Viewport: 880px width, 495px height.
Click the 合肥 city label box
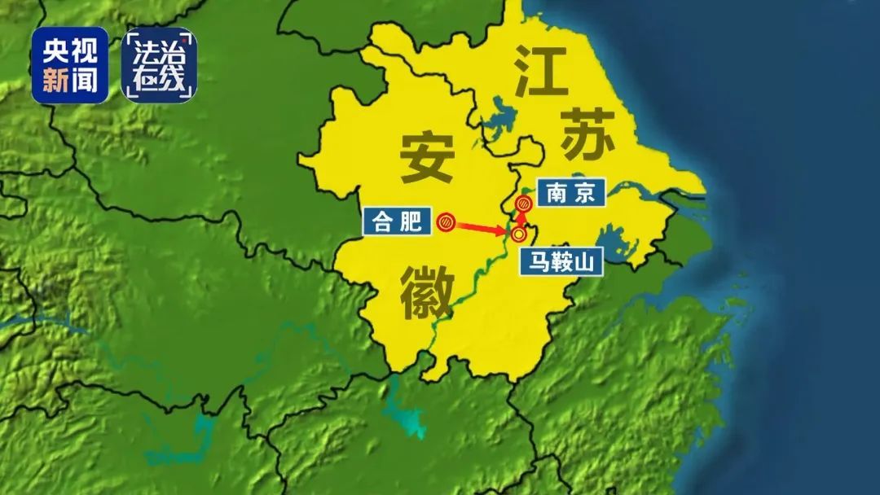[x=397, y=221]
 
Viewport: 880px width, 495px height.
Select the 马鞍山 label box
[x=561, y=261]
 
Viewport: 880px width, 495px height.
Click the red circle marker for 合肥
[x=446, y=221]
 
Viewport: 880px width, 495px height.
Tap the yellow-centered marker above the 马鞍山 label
[x=518, y=235]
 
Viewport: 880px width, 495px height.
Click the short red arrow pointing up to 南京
[x=522, y=217]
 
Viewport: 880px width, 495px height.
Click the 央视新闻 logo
[x=70, y=65]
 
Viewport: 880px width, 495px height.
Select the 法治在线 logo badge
[x=160, y=65]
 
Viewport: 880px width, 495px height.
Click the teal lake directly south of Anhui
[x=403, y=410]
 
